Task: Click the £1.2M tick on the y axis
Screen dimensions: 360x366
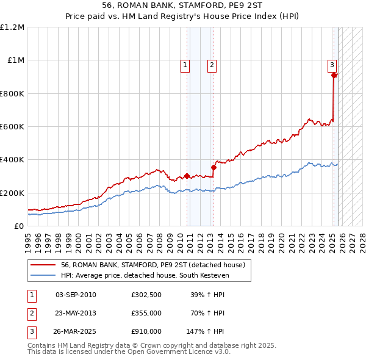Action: coord(12,27)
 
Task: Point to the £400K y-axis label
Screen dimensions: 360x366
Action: coord(12,160)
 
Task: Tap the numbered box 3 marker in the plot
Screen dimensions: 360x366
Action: coord(332,65)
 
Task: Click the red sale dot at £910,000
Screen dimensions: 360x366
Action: coord(334,75)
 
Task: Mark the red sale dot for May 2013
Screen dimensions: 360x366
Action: coord(214,167)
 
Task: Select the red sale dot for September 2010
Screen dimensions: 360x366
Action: coord(187,176)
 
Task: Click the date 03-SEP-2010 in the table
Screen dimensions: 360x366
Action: coord(76,295)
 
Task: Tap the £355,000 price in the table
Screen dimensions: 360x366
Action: coord(146,313)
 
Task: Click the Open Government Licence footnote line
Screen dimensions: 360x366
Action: coord(129,352)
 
